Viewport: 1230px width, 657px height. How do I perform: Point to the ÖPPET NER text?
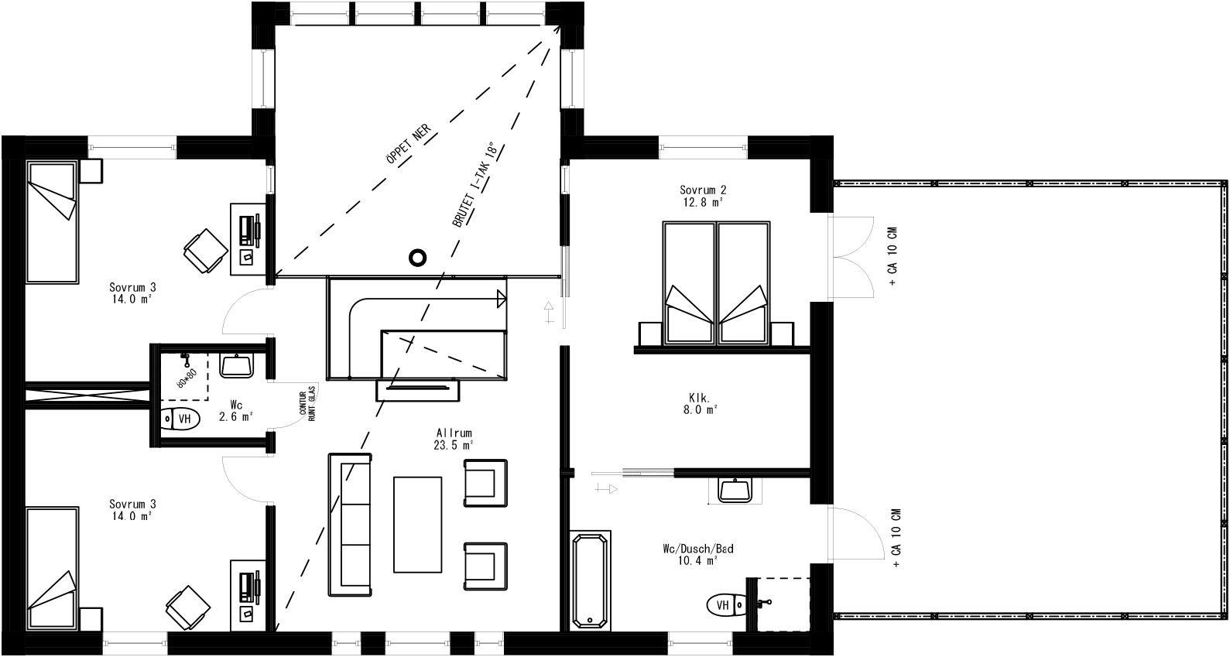(407, 145)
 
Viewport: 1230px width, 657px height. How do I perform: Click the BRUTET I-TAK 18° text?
(474, 186)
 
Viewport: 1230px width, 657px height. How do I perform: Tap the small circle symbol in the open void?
(418, 258)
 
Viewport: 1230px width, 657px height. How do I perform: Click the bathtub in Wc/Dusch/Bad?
(591, 580)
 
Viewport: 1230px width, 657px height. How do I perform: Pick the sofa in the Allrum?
(351, 524)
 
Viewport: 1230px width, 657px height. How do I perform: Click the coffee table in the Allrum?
(418, 524)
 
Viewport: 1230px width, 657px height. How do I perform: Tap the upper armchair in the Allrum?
(486, 482)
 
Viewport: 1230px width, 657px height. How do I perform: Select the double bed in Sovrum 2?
(717, 282)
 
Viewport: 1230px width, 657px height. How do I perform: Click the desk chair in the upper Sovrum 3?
(206, 250)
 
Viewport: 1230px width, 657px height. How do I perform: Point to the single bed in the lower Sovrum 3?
(53, 569)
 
